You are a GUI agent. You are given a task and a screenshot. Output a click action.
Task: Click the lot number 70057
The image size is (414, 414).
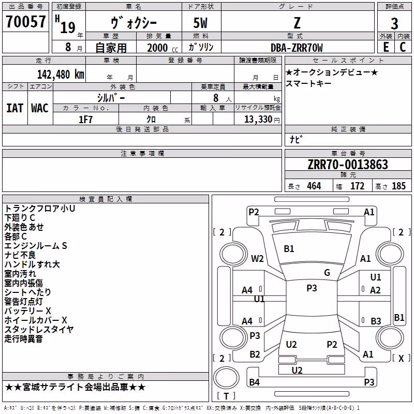[26, 22]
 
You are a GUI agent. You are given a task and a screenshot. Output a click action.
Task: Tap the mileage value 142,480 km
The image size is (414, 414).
[61, 75]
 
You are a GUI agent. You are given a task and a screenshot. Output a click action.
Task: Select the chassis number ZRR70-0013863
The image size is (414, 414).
[348, 165]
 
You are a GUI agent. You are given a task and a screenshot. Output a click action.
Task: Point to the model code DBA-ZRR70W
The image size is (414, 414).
[297, 48]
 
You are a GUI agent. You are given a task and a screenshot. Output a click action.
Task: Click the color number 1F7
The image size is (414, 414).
[85, 120]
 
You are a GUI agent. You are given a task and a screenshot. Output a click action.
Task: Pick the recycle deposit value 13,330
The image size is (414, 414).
[258, 120]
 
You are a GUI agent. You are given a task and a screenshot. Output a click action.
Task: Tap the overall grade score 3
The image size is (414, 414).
[394, 24]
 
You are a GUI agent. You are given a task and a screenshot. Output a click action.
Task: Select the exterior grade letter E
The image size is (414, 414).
[386, 47]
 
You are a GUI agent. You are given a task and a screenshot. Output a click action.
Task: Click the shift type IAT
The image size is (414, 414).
[14, 108]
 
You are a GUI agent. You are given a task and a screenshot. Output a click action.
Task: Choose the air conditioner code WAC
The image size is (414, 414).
[40, 108]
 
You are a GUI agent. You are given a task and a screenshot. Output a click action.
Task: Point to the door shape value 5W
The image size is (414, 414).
[200, 23]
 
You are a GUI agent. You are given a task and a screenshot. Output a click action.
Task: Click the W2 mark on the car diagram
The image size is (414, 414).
[257, 258]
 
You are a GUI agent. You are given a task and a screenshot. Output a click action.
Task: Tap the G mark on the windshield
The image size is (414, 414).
[327, 272]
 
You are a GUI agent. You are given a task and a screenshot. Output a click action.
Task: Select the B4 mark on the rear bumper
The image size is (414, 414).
[254, 382]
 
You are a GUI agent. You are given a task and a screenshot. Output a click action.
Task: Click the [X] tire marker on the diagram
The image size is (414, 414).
[401, 358]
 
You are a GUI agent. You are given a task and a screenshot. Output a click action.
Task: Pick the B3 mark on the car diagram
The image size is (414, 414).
[376, 321]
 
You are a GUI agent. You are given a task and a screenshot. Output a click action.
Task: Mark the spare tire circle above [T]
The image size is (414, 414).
[226, 378]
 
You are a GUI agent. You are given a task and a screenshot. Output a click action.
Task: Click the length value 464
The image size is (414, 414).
[314, 186]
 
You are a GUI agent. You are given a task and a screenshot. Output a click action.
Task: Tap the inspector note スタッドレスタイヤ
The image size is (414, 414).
[39, 329]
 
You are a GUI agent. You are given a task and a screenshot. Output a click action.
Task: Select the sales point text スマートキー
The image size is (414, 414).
[308, 83]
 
